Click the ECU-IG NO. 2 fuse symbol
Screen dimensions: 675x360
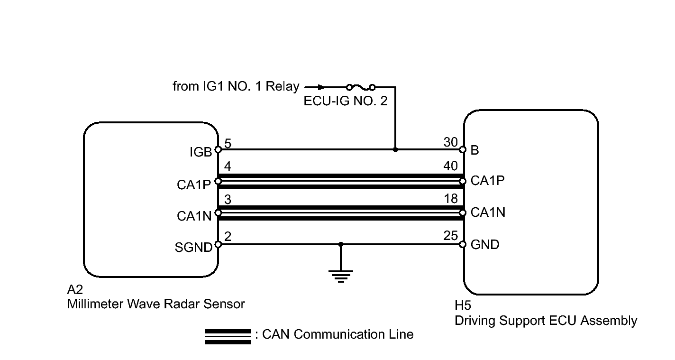pyautogui.click(x=361, y=87)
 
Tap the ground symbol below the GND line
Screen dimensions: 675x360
pyautogui.click(x=341, y=277)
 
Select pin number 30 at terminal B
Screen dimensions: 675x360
pyautogui.click(x=450, y=142)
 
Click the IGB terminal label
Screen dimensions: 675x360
pyautogui.click(x=201, y=152)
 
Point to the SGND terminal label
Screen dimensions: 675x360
pyautogui.click(x=194, y=247)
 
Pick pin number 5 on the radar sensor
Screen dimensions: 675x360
pyautogui.click(x=228, y=144)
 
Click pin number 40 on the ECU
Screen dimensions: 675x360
pyautogui.click(x=450, y=166)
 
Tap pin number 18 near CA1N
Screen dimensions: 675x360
pyautogui.click(x=451, y=199)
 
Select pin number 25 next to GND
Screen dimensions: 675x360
pyautogui.click(x=450, y=235)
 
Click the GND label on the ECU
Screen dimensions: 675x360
pyautogui.click(x=485, y=245)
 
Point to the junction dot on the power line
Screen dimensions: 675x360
pyautogui.click(x=395, y=149)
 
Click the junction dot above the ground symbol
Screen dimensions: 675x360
pyautogui.click(x=341, y=244)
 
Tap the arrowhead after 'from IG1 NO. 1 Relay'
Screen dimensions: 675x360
pyautogui.click(x=321, y=87)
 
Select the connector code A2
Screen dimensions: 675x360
pyautogui.click(x=75, y=290)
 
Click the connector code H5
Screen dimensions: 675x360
pyautogui.click(x=463, y=305)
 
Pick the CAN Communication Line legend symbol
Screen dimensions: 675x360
pyautogui.click(x=228, y=336)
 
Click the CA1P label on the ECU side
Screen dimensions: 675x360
pyautogui.click(x=488, y=181)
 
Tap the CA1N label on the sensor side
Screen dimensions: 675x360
pyautogui.click(x=194, y=216)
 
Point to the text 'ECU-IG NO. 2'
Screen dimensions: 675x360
pyautogui.click(x=346, y=101)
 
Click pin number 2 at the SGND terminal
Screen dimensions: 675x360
pyautogui.click(x=228, y=236)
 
